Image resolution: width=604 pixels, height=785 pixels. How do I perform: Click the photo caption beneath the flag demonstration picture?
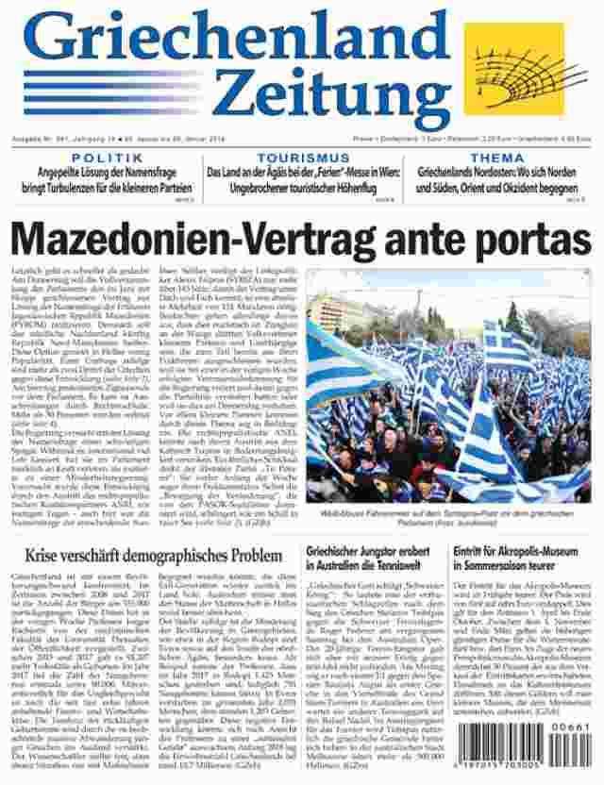[448, 515]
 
